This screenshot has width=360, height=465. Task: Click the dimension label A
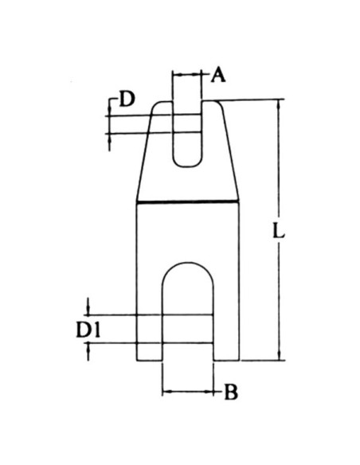(219, 76)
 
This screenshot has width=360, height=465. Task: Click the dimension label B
(229, 392)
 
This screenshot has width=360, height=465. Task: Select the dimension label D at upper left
(127, 100)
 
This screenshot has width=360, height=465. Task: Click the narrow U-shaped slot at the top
(187, 131)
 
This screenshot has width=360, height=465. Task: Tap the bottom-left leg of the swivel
(149, 334)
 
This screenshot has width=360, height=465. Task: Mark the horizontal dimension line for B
(188, 392)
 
